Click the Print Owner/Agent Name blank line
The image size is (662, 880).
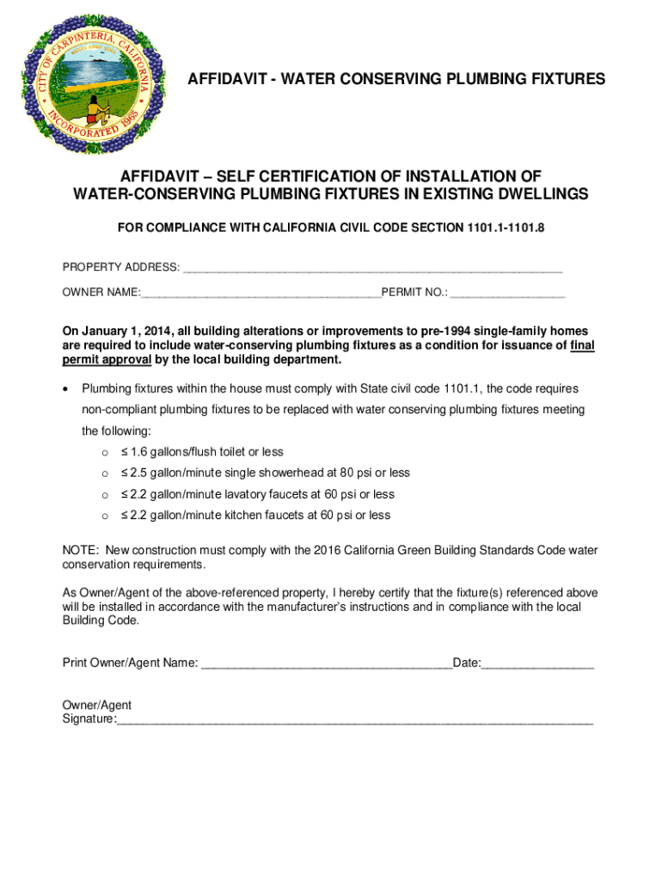[x=326, y=663]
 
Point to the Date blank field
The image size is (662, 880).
[x=537, y=663]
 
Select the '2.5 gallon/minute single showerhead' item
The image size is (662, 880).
[x=266, y=473]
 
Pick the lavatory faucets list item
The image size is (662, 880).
[x=258, y=494]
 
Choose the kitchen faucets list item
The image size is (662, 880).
[x=255, y=516]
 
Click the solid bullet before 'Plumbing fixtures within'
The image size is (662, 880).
[x=66, y=389]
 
